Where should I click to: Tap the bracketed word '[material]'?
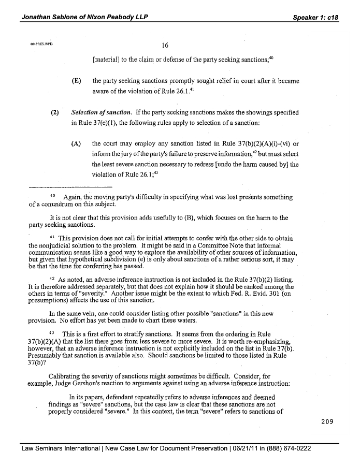[108, 60]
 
